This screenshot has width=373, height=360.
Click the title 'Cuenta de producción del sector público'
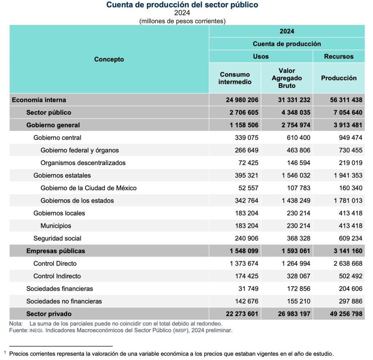coord(182,5)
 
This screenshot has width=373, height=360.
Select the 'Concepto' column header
coord(109,59)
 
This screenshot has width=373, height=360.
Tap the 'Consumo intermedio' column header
coord(235,78)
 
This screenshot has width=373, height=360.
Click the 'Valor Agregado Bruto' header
coord(287,78)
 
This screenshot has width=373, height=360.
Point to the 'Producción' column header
coord(339,78)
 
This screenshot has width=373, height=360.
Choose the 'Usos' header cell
coord(261,56)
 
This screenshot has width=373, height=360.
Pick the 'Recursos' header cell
coord(339,56)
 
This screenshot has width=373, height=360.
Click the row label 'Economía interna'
coord(39,100)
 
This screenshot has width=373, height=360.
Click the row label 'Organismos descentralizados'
coord(83,163)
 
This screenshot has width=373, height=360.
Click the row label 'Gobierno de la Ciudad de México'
coord(89,188)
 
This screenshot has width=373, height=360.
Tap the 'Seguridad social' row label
coord(57,238)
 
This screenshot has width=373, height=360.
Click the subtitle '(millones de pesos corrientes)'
coord(182,21)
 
